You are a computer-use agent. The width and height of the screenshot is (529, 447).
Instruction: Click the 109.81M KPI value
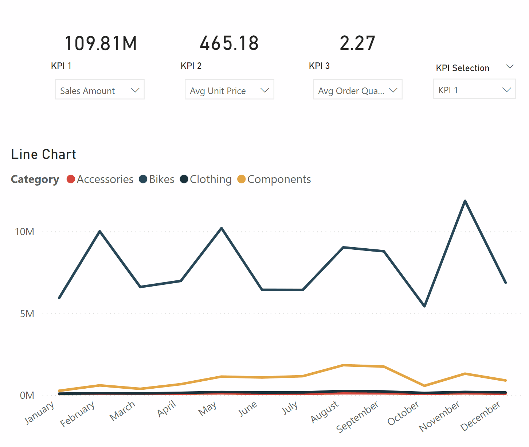[x=101, y=43]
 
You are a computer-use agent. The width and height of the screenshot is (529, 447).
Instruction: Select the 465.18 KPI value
[x=229, y=43]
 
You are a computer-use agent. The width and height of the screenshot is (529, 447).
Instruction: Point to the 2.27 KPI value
[x=357, y=43]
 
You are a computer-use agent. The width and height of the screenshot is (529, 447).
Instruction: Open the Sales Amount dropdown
[x=100, y=90]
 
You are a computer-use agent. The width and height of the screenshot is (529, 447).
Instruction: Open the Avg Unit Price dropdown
[x=229, y=90]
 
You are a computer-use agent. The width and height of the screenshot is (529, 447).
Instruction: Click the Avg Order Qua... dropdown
[x=357, y=90]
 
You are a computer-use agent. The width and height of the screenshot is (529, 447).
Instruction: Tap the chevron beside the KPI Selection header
[x=510, y=67]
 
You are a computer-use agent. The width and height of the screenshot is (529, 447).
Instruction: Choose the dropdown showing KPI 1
[x=474, y=89]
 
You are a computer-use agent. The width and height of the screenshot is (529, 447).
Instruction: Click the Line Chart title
[x=44, y=154]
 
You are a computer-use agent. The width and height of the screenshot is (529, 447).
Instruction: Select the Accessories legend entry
[x=100, y=179]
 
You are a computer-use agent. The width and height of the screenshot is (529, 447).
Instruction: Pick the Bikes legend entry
[x=157, y=179]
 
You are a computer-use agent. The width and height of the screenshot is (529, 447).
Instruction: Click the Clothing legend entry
[x=206, y=179]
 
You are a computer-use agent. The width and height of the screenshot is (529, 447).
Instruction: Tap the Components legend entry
[x=274, y=179]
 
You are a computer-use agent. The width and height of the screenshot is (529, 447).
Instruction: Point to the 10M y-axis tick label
[x=24, y=232]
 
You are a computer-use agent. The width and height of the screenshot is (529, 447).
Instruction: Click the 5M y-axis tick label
[x=27, y=314]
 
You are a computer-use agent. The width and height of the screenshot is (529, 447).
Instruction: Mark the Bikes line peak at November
[x=465, y=201]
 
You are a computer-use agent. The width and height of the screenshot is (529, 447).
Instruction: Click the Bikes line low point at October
[x=424, y=306]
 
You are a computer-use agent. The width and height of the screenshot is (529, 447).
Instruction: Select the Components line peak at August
[x=343, y=365]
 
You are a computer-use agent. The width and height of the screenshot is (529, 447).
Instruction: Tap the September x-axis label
[x=357, y=416]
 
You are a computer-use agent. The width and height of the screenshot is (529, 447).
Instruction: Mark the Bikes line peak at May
[x=222, y=228]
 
